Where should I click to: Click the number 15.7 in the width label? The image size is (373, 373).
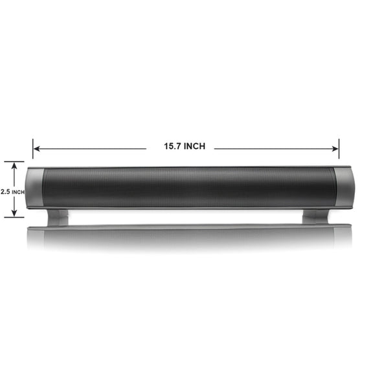(172, 146)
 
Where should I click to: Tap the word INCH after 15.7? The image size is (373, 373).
(194, 146)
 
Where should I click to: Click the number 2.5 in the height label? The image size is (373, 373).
(5, 192)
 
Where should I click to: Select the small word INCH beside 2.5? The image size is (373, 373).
(18, 192)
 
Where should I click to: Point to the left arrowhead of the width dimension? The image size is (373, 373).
(37, 149)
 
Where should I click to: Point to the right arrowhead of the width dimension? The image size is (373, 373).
(335, 149)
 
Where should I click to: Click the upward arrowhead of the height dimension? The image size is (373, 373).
(14, 166)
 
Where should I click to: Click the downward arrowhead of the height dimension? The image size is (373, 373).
(14, 213)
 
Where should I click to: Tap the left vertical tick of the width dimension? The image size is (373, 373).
(33, 149)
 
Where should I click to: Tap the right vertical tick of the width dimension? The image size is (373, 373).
(339, 149)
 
